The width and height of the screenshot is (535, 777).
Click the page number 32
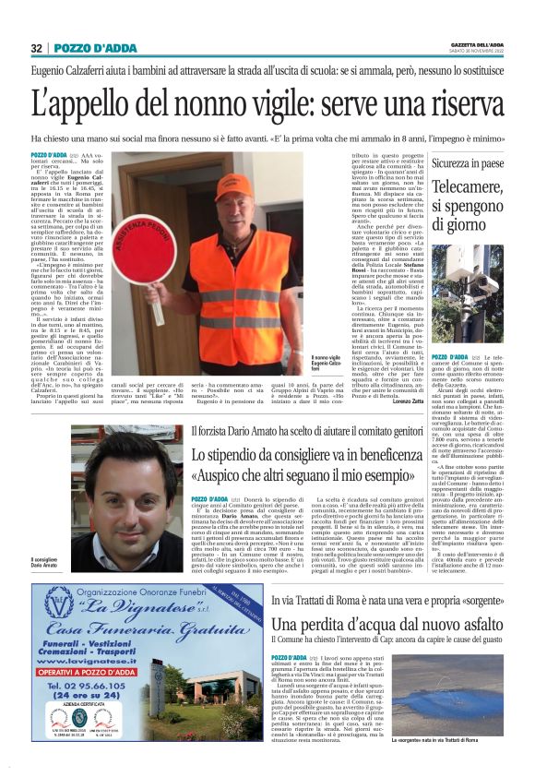[37, 48]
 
